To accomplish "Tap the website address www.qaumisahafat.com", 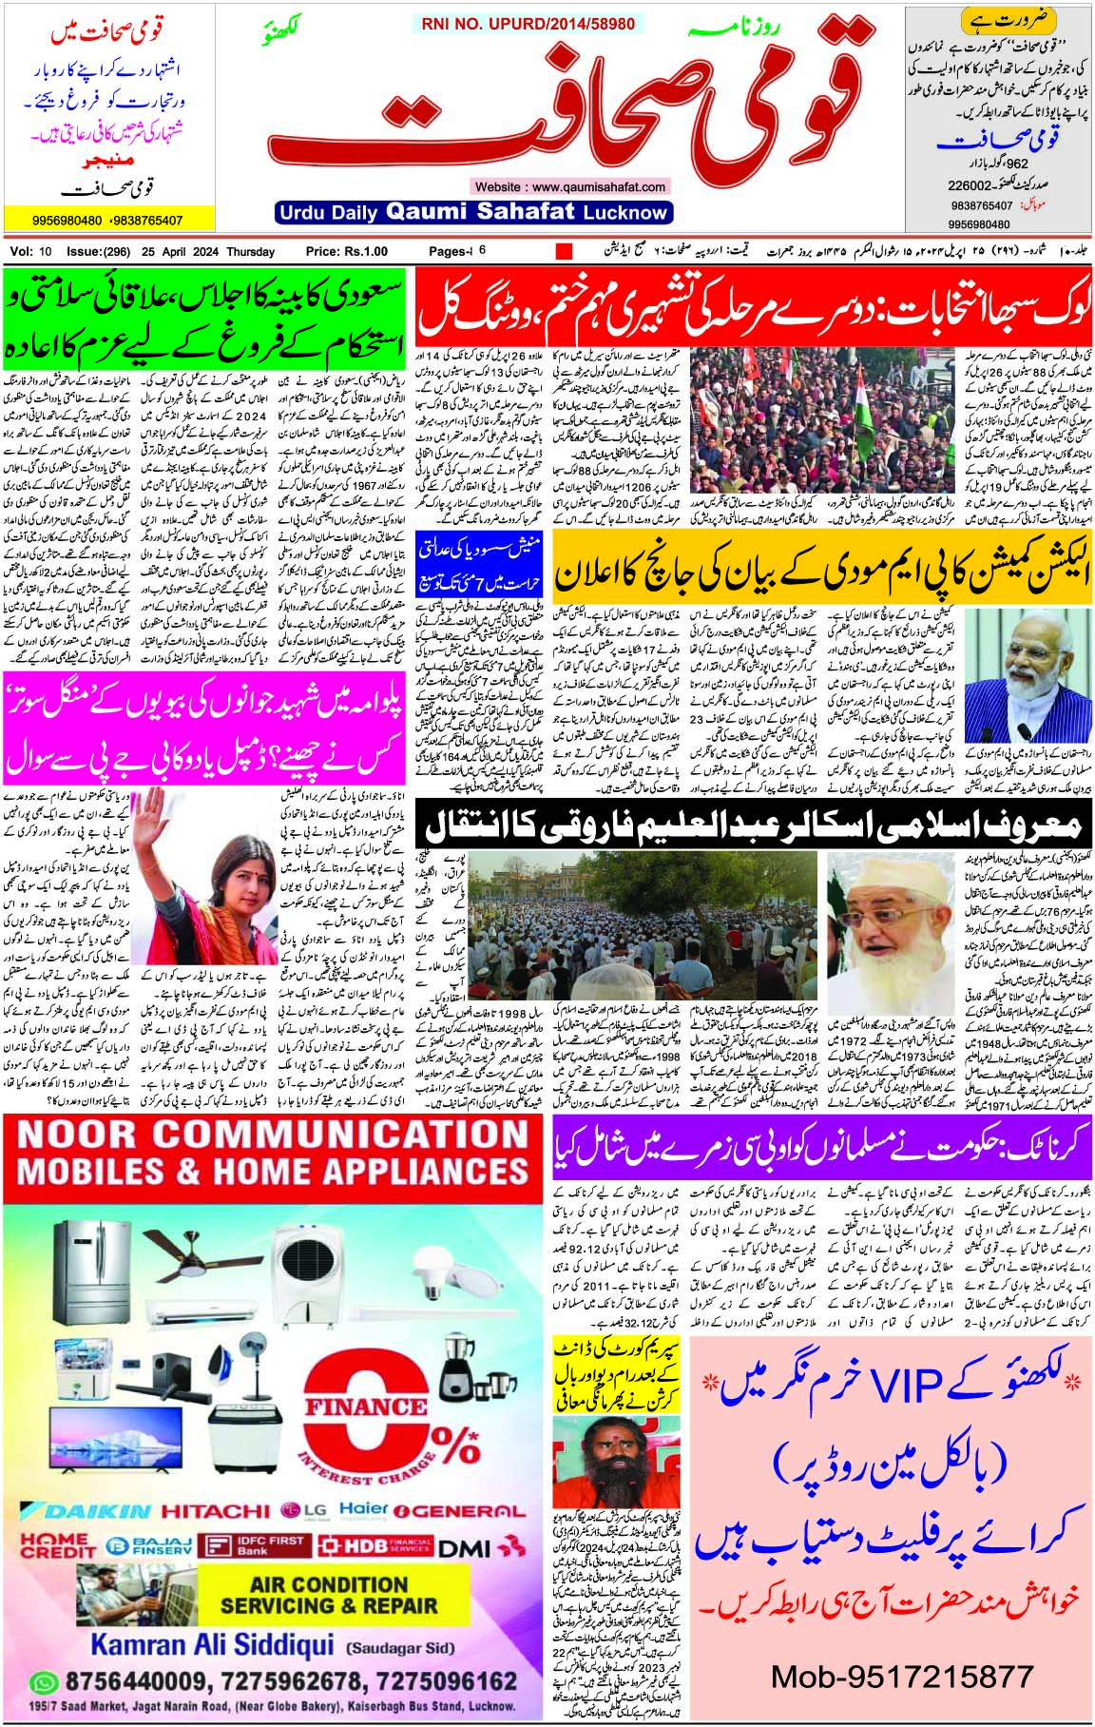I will click(570, 186).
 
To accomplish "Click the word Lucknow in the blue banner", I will click(625, 212).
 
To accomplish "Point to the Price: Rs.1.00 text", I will click(347, 252).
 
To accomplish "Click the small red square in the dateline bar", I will click(564, 252).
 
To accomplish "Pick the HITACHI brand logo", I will click(216, 1511).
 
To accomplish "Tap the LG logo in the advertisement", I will click(304, 1511).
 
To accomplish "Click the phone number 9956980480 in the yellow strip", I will click(67, 221).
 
